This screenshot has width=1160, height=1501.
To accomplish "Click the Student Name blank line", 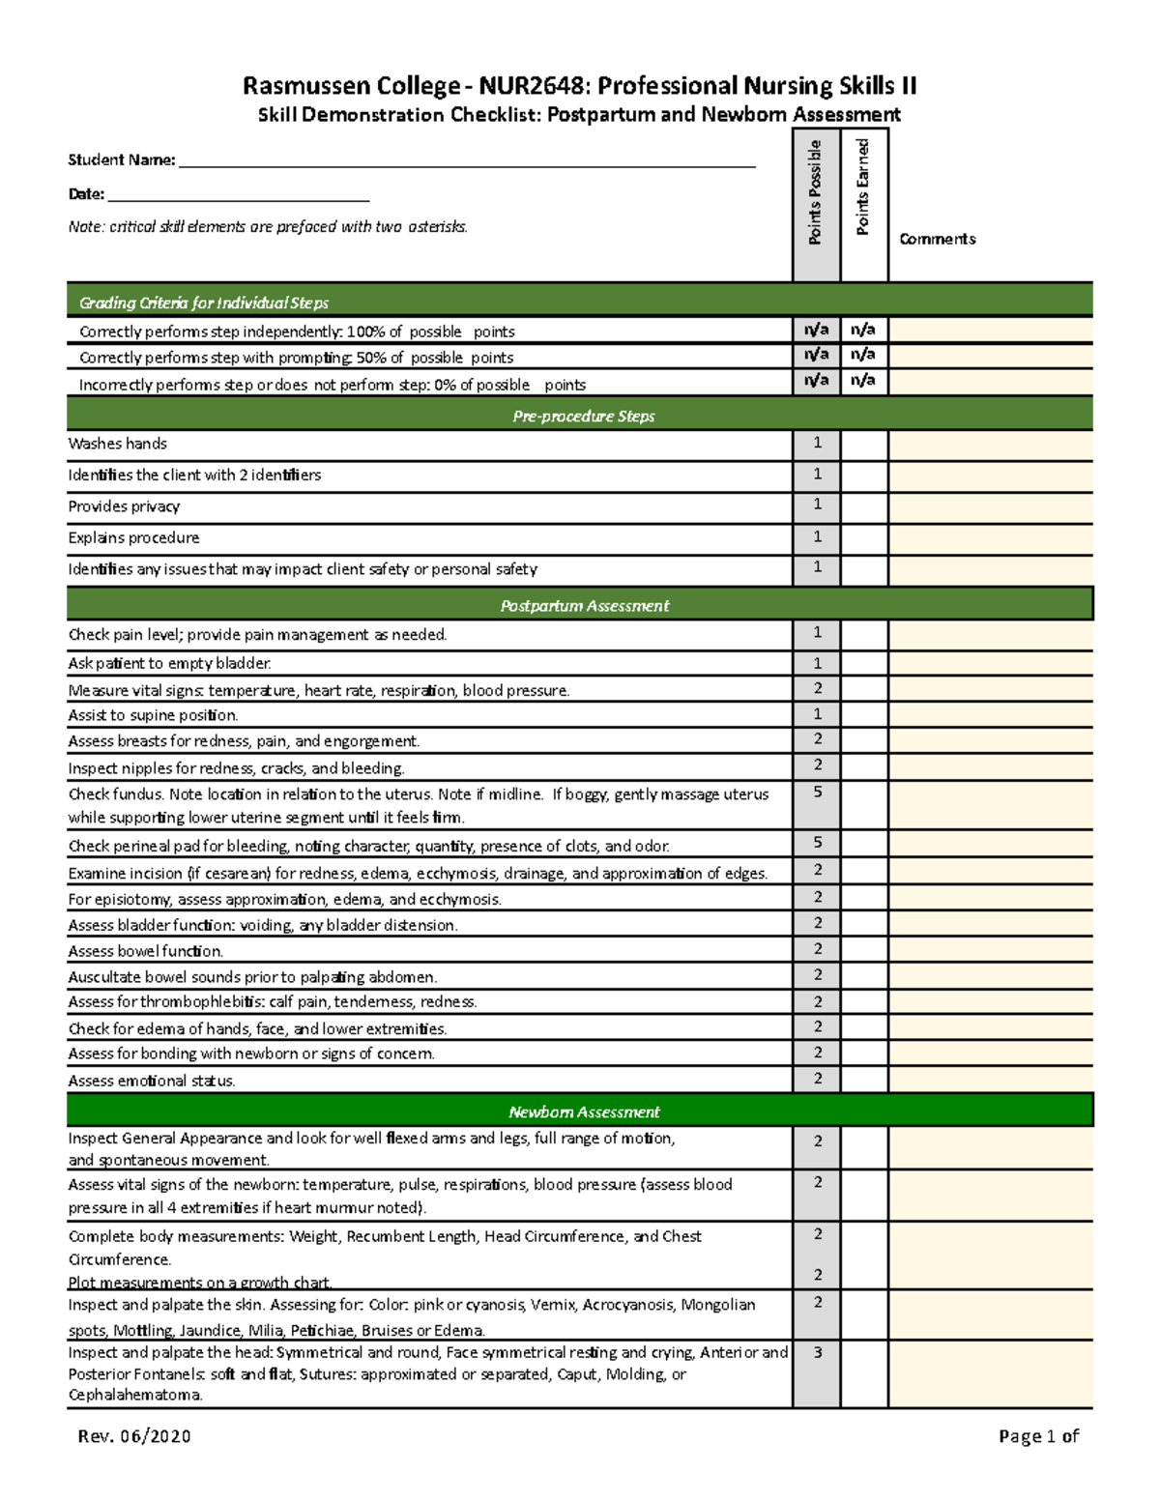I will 467,162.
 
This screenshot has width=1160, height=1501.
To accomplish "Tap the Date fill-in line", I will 238,196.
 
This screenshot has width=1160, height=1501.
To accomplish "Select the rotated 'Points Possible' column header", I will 816,192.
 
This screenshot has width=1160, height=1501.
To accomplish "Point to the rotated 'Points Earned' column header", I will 863,188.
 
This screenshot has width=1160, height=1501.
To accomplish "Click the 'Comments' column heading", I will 937,239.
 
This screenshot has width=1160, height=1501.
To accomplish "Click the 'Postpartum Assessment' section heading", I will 584,605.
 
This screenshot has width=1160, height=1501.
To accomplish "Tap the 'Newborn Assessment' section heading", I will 584,1111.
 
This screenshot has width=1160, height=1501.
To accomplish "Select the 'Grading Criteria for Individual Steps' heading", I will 204,303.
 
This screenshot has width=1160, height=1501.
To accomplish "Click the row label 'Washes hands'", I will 117,444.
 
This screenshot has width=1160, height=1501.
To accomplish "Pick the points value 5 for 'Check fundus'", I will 817,792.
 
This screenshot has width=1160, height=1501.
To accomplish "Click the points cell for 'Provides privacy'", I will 817,505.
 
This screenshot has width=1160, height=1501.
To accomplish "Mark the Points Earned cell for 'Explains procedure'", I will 863,537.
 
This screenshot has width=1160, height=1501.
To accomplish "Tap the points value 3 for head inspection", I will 817,1352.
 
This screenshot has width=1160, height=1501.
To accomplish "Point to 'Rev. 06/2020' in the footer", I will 134,1435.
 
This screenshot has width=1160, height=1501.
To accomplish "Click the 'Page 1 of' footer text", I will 1038,1436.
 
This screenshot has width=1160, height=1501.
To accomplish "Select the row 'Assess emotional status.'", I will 152,1081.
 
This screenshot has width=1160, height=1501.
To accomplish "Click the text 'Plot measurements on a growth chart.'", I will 200,1283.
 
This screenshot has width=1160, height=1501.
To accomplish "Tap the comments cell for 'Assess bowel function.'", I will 990,950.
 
